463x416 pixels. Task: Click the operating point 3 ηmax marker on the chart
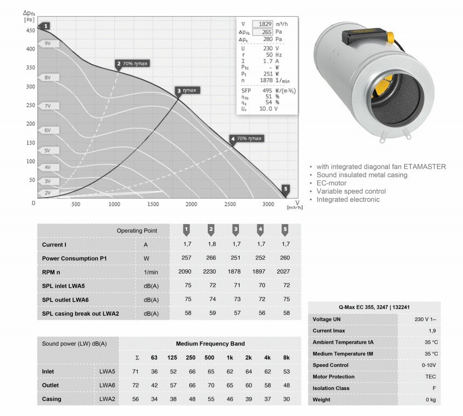187,91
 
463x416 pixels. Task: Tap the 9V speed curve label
49,44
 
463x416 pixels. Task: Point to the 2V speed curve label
49,193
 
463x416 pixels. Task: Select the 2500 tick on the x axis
230,204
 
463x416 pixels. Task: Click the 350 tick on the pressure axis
31,67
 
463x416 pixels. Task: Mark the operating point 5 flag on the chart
285,189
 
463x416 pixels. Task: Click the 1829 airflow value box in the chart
262,24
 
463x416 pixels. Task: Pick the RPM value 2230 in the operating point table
209,271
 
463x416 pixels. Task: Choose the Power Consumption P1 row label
74,258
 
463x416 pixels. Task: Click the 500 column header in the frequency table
209,358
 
